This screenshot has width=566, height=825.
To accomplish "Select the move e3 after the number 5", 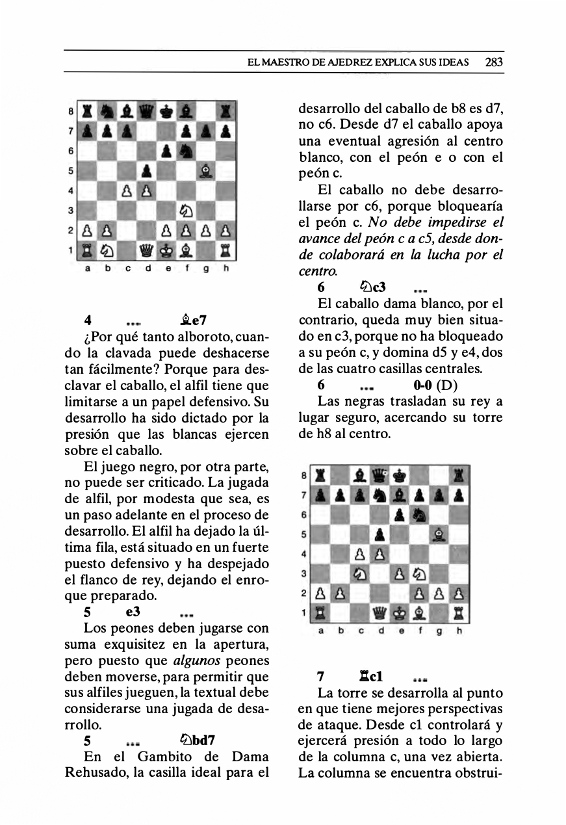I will point(133,612).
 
